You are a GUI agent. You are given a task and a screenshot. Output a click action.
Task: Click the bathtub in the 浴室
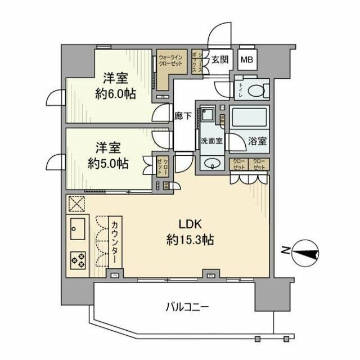point(250,119)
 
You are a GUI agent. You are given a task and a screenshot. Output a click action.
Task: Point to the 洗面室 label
point(210,141)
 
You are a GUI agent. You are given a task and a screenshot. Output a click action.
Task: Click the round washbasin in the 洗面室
point(213,164)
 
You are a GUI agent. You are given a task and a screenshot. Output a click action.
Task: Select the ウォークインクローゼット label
point(171,61)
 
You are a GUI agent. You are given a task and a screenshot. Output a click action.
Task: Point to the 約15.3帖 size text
point(189,240)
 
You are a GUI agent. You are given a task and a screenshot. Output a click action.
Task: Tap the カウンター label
point(114,243)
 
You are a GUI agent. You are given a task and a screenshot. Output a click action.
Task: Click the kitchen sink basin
point(77,228)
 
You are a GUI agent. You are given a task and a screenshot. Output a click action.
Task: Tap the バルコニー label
point(187,307)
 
